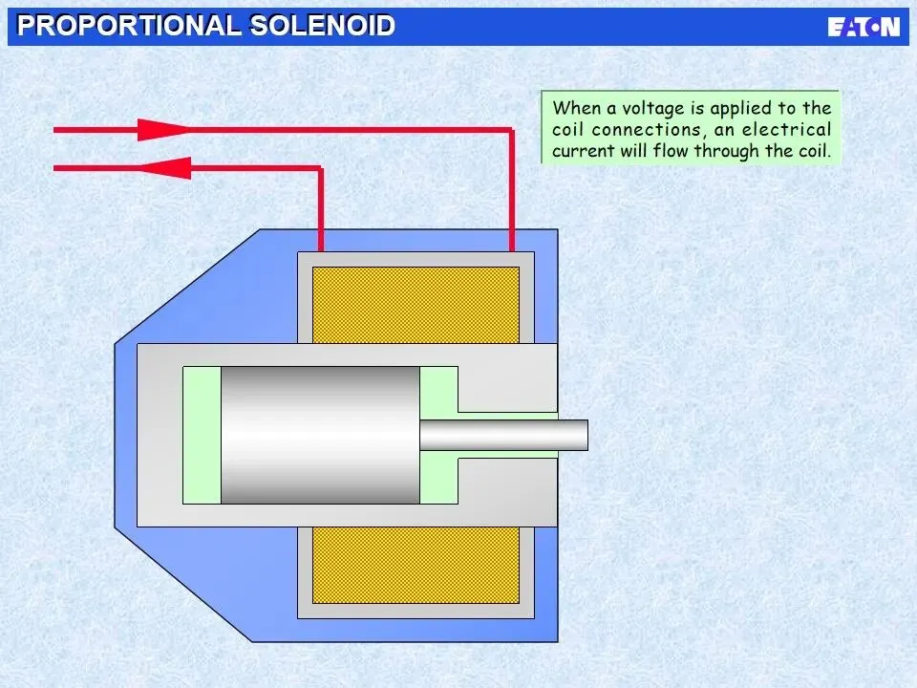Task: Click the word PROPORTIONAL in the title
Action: click(129, 26)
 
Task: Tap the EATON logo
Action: click(863, 27)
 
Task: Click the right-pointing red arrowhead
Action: click(157, 129)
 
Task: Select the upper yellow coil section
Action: click(416, 304)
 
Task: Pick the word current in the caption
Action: click(583, 151)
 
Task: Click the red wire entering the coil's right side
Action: click(511, 191)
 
